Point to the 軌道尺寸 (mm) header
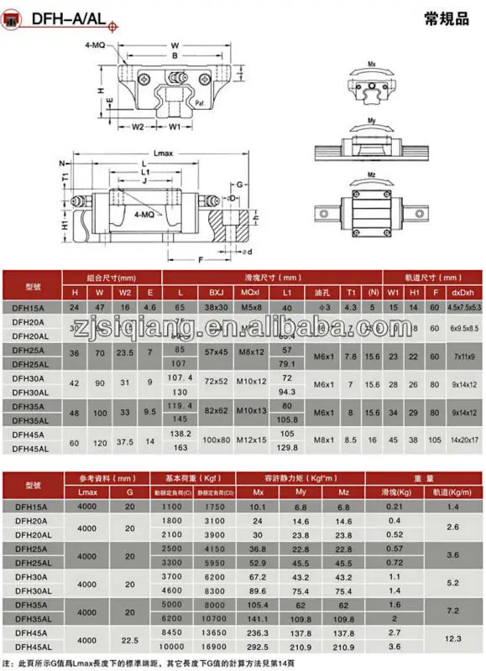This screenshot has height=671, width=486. pos(432,278)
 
